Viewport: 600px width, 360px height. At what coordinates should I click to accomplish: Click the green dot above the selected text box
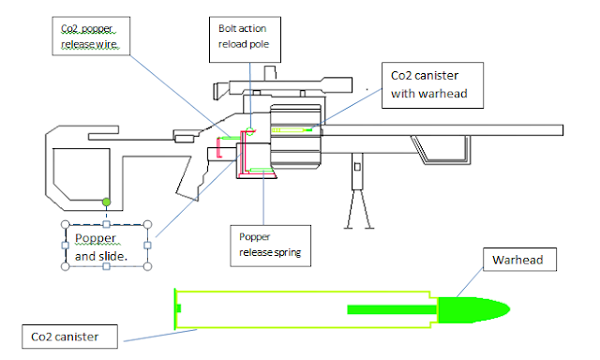click(x=106, y=202)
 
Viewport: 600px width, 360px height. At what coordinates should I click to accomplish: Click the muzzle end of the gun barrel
click(x=560, y=130)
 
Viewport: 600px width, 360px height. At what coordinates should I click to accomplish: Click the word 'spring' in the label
click(x=283, y=252)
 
